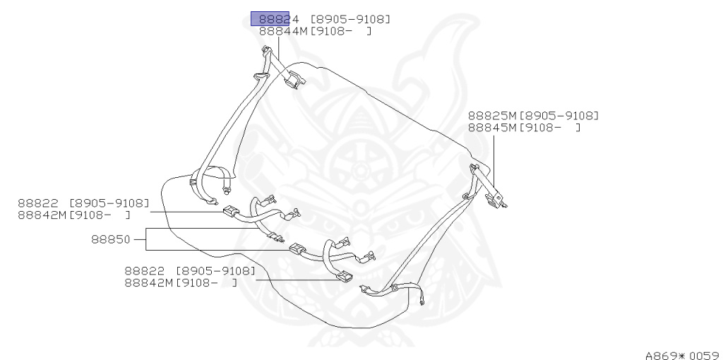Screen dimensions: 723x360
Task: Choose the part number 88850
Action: [110, 239]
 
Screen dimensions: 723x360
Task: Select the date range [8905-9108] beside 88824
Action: [350, 19]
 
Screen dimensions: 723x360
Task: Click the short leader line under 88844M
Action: [277, 47]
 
